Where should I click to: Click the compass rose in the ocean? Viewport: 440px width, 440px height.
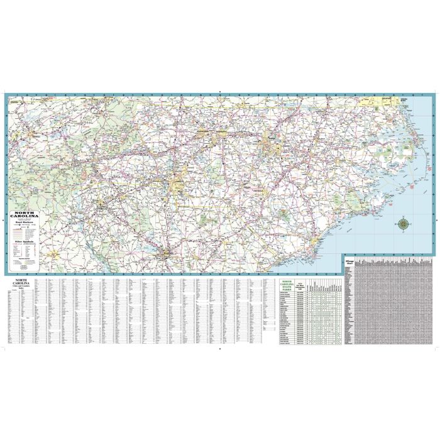pos(402,223)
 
